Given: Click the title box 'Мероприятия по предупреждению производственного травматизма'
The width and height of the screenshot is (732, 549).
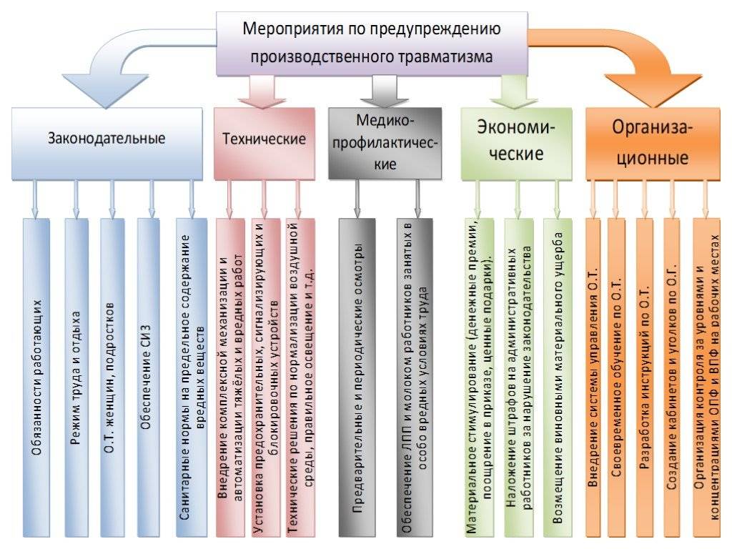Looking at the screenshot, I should click(x=371, y=43).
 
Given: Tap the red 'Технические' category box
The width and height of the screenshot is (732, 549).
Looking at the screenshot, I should click(x=264, y=139).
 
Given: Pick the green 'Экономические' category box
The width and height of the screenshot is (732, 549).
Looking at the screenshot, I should click(x=516, y=139).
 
